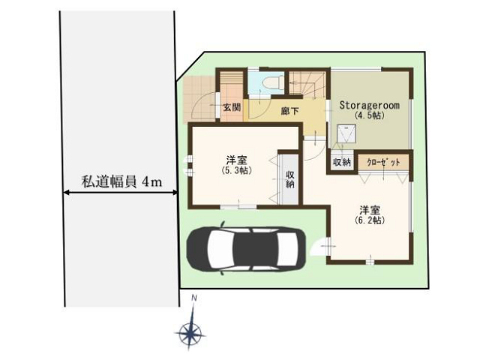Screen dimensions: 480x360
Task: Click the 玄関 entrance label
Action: click(x=232, y=107)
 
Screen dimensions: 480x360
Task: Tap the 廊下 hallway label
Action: click(x=290, y=110)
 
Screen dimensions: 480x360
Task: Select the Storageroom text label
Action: click(x=370, y=105)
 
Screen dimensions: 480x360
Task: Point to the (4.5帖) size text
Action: click(x=370, y=115)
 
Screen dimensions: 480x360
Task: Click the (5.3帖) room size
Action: click(x=237, y=170)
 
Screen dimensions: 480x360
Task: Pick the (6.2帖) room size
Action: click(x=370, y=220)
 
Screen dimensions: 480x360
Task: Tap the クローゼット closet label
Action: click(x=383, y=162)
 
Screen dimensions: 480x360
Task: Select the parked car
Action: click(x=247, y=250)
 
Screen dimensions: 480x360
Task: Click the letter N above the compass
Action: click(x=193, y=297)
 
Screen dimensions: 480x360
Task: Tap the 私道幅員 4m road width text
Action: click(x=121, y=182)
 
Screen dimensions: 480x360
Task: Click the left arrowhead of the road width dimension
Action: click(x=65, y=193)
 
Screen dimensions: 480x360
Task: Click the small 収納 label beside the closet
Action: click(x=342, y=162)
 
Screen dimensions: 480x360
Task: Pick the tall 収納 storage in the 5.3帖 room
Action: click(x=289, y=179)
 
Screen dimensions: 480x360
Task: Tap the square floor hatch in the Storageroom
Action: click(x=346, y=133)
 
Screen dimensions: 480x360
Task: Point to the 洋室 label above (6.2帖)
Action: click(x=370, y=210)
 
